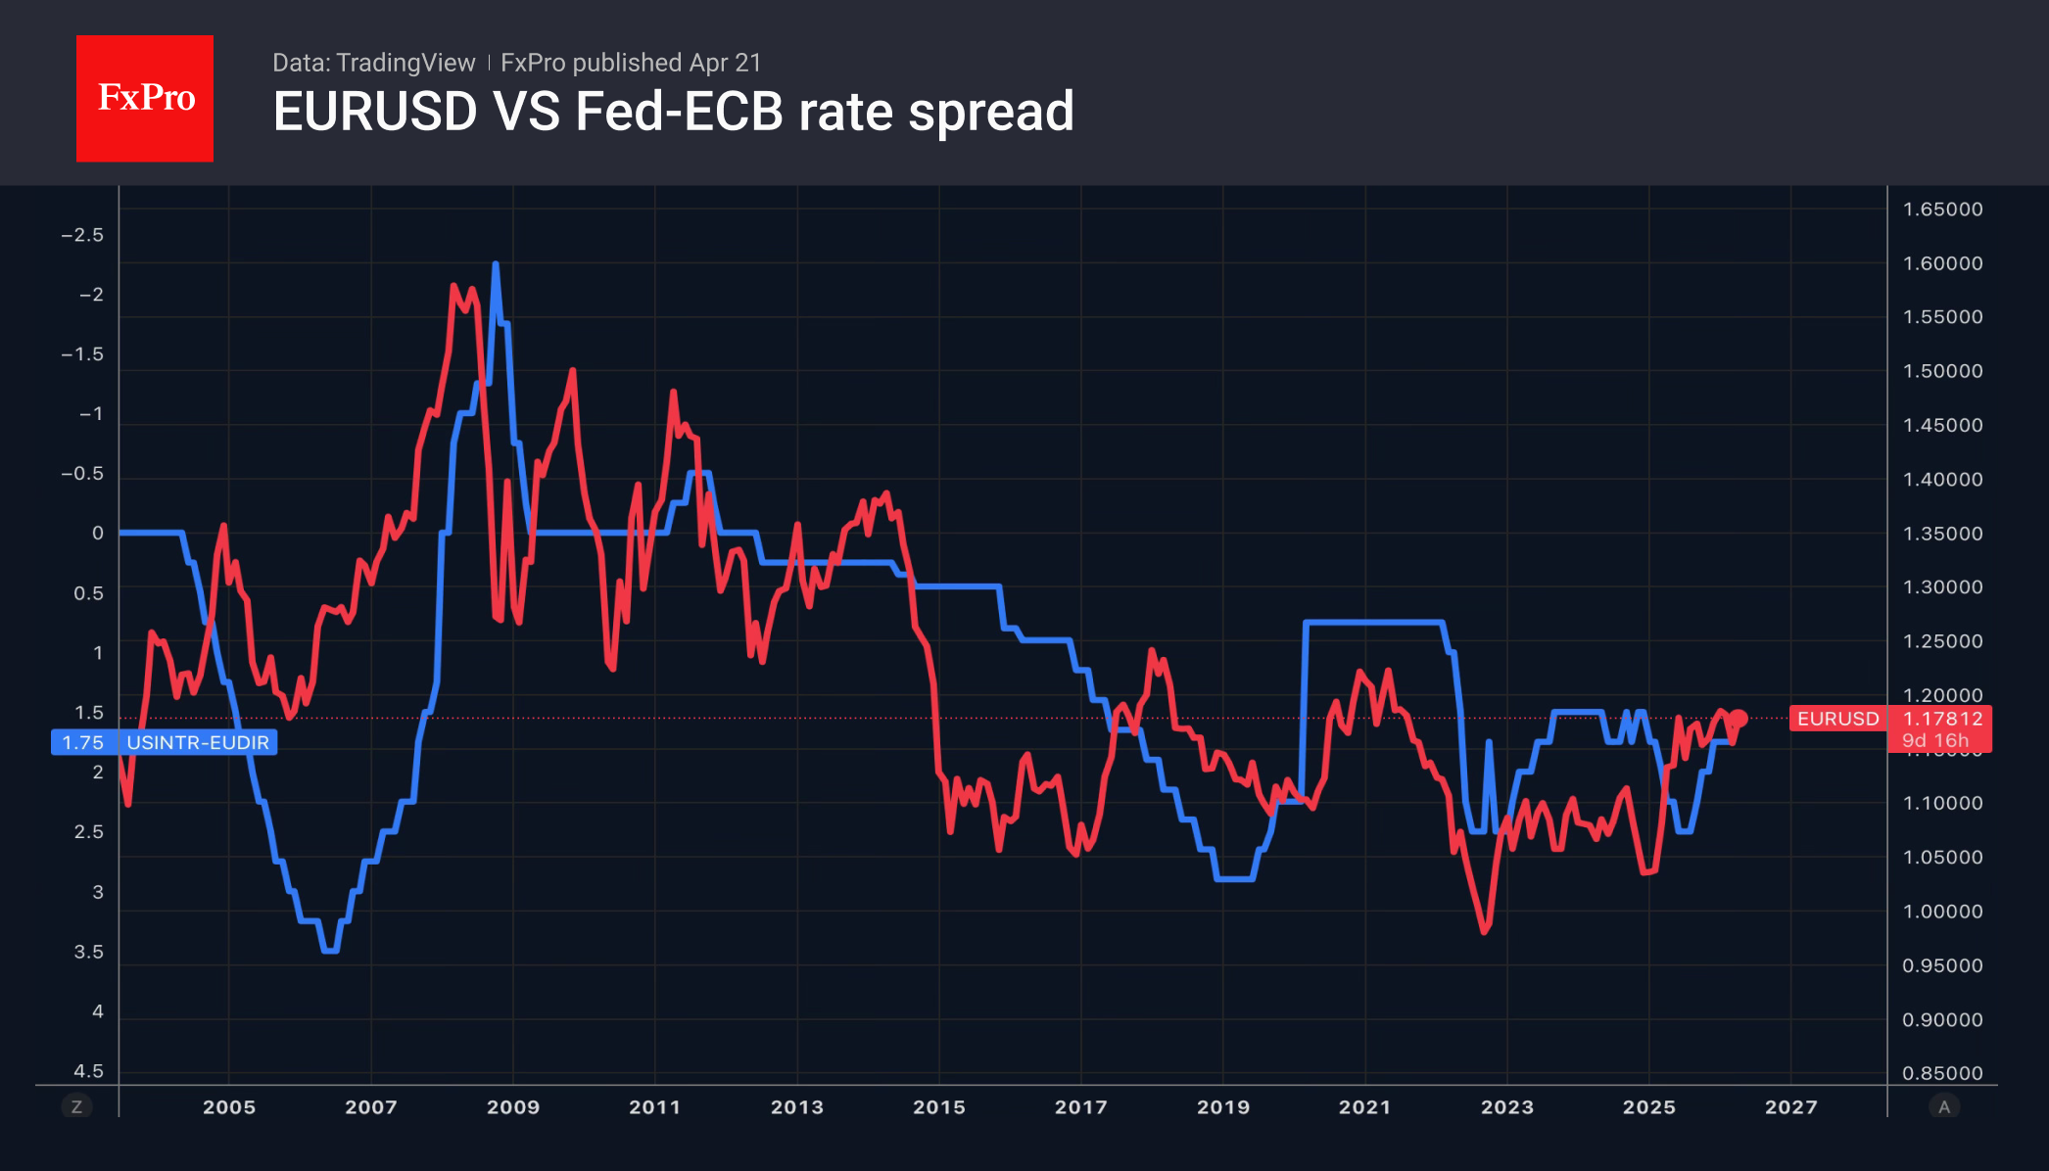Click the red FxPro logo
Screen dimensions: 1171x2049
click(145, 98)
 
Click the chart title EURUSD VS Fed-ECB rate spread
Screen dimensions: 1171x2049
click(673, 112)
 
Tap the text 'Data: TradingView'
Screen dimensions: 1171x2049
click(373, 63)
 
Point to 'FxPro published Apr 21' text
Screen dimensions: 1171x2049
click(631, 63)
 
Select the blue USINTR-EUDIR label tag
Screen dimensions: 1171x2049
click(197, 742)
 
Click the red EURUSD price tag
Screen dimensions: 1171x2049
click(1837, 719)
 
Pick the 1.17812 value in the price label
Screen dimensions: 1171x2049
click(1942, 719)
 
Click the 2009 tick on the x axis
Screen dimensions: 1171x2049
click(513, 1106)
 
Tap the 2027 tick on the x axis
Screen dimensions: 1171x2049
click(1790, 1106)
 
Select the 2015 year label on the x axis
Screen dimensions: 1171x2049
click(939, 1106)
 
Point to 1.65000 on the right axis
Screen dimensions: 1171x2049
click(1942, 209)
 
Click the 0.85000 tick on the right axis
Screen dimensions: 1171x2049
click(1942, 1073)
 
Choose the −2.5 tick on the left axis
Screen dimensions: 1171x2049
click(82, 235)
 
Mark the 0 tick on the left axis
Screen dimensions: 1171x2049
click(97, 533)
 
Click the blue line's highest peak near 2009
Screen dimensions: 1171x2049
click(496, 264)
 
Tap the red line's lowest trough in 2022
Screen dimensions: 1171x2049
click(1485, 931)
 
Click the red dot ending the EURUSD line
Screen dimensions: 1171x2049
click(1739, 719)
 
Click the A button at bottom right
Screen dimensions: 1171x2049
click(1944, 1106)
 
